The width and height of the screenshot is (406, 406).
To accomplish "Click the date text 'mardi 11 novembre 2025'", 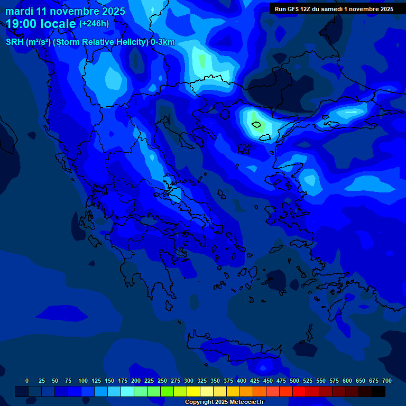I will click(66, 11).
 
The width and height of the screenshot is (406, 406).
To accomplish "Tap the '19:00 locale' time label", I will click(41, 24).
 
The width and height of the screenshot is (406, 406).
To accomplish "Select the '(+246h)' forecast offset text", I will click(94, 23).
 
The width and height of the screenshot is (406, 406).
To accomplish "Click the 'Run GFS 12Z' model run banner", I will click(334, 9).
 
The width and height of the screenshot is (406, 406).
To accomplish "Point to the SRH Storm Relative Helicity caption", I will click(90, 42).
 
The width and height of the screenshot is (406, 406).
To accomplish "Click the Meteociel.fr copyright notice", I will click(224, 402).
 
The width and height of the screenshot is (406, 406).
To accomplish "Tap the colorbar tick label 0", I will click(27, 381).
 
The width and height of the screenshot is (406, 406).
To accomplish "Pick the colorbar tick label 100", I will click(82, 381).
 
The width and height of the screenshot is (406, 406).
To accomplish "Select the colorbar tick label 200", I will click(136, 381).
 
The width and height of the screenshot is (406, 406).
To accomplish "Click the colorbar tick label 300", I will click(189, 381).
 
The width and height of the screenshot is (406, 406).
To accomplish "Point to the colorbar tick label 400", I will click(242, 381).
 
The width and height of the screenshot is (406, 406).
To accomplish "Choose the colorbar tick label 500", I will click(294, 381).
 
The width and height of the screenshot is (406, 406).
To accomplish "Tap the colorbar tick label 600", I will click(347, 381).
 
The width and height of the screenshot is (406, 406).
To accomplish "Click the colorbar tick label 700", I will click(387, 381).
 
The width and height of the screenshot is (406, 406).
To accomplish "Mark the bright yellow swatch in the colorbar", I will click(193, 391).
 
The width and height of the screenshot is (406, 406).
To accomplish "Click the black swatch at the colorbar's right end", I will click(379, 391).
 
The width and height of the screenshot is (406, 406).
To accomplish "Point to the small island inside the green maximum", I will click(257, 125).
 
